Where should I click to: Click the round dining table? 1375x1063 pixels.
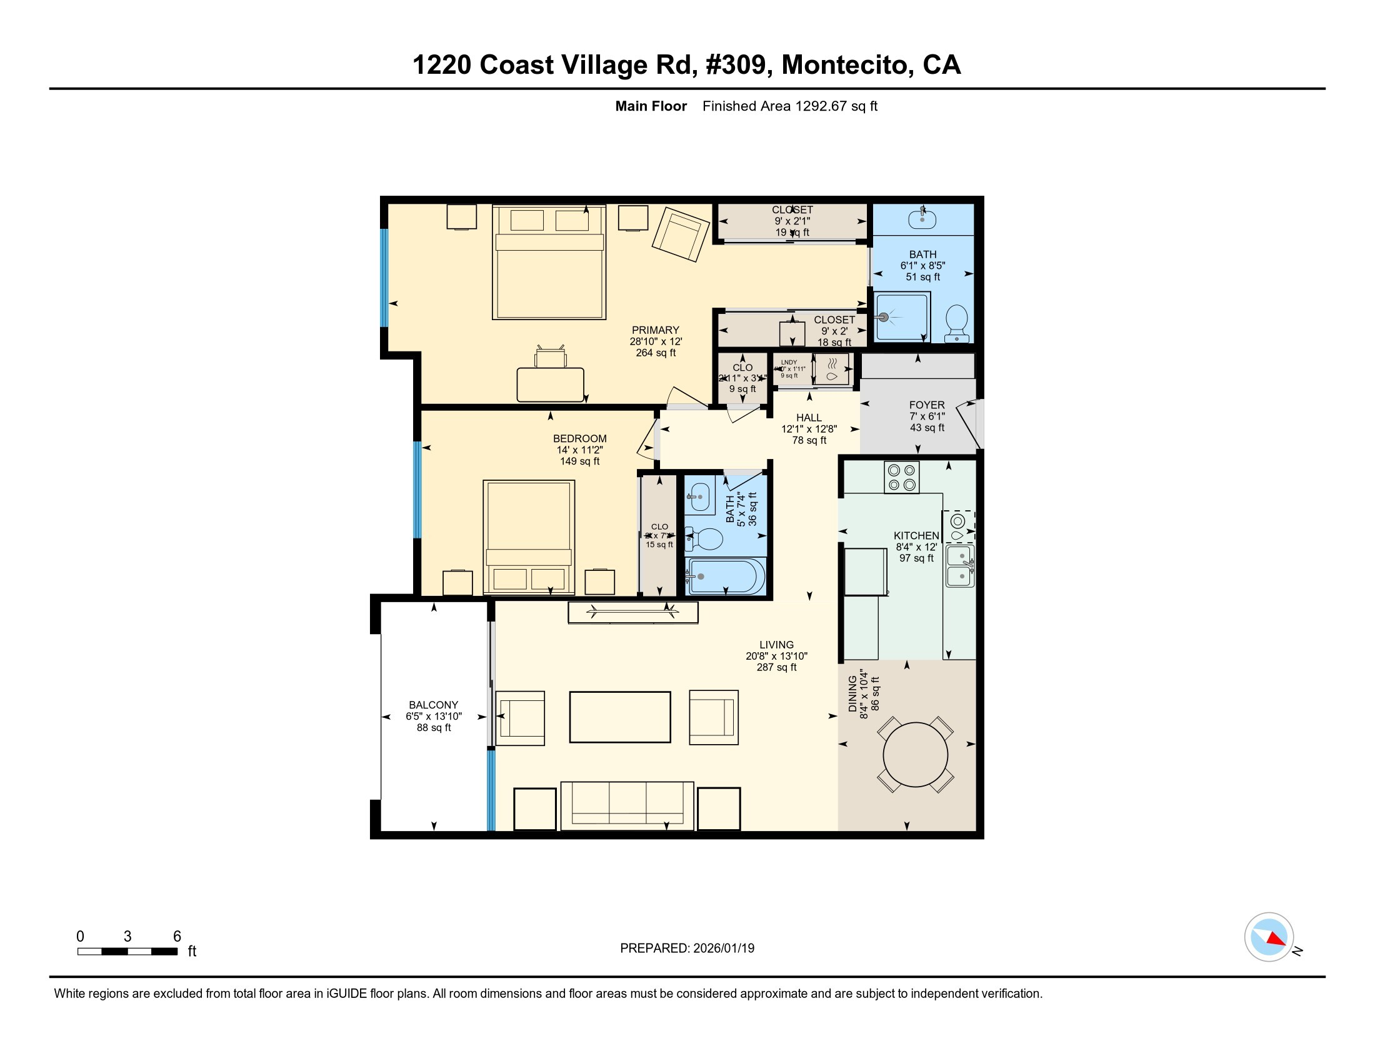[x=916, y=755]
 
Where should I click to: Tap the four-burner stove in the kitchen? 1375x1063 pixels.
[x=901, y=476]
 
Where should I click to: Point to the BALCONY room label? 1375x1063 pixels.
[x=433, y=705]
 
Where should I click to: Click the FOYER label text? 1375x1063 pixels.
[x=927, y=405]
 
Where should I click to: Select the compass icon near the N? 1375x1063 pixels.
[x=1269, y=937]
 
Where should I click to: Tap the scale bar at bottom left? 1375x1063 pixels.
[x=127, y=951]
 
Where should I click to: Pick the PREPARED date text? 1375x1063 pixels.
[x=687, y=948]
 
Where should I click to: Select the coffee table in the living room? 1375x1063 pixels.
[x=619, y=717]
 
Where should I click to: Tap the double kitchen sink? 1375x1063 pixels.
[x=959, y=565]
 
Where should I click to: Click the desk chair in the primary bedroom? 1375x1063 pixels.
[x=549, y=356]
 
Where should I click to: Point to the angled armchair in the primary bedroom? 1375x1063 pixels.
[x=681, y=234]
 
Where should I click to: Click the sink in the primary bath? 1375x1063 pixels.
[x=922, y=219]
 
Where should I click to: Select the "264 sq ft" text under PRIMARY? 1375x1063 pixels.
[x=656, y=353]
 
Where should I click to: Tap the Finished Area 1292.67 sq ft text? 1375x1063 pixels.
[x=789, y=106]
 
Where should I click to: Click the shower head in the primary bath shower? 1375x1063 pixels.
[x=884, y=318]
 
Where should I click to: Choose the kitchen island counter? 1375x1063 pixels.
[x=865, y=572]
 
